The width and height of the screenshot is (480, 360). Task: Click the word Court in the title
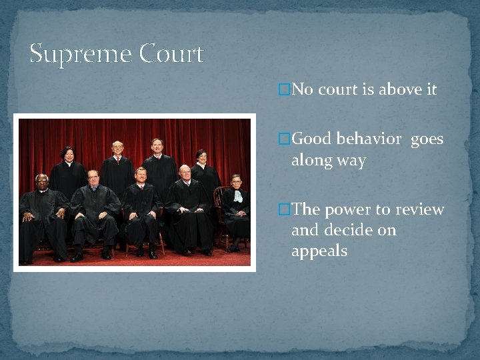pos(172,53)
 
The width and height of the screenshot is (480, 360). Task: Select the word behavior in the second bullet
pos(369,139)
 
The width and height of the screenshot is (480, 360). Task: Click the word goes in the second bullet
pos(427,140)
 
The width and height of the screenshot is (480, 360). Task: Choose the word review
pos(420,209)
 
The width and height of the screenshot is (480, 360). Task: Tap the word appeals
pos(319,252)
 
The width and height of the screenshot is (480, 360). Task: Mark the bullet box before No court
pos(284,89)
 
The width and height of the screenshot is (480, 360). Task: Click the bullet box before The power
pos(284,209)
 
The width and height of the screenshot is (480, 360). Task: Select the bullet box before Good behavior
pos(284,139)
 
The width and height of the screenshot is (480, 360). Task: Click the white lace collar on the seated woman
pos(237,195)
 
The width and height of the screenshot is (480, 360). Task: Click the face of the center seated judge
pos(141,176)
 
